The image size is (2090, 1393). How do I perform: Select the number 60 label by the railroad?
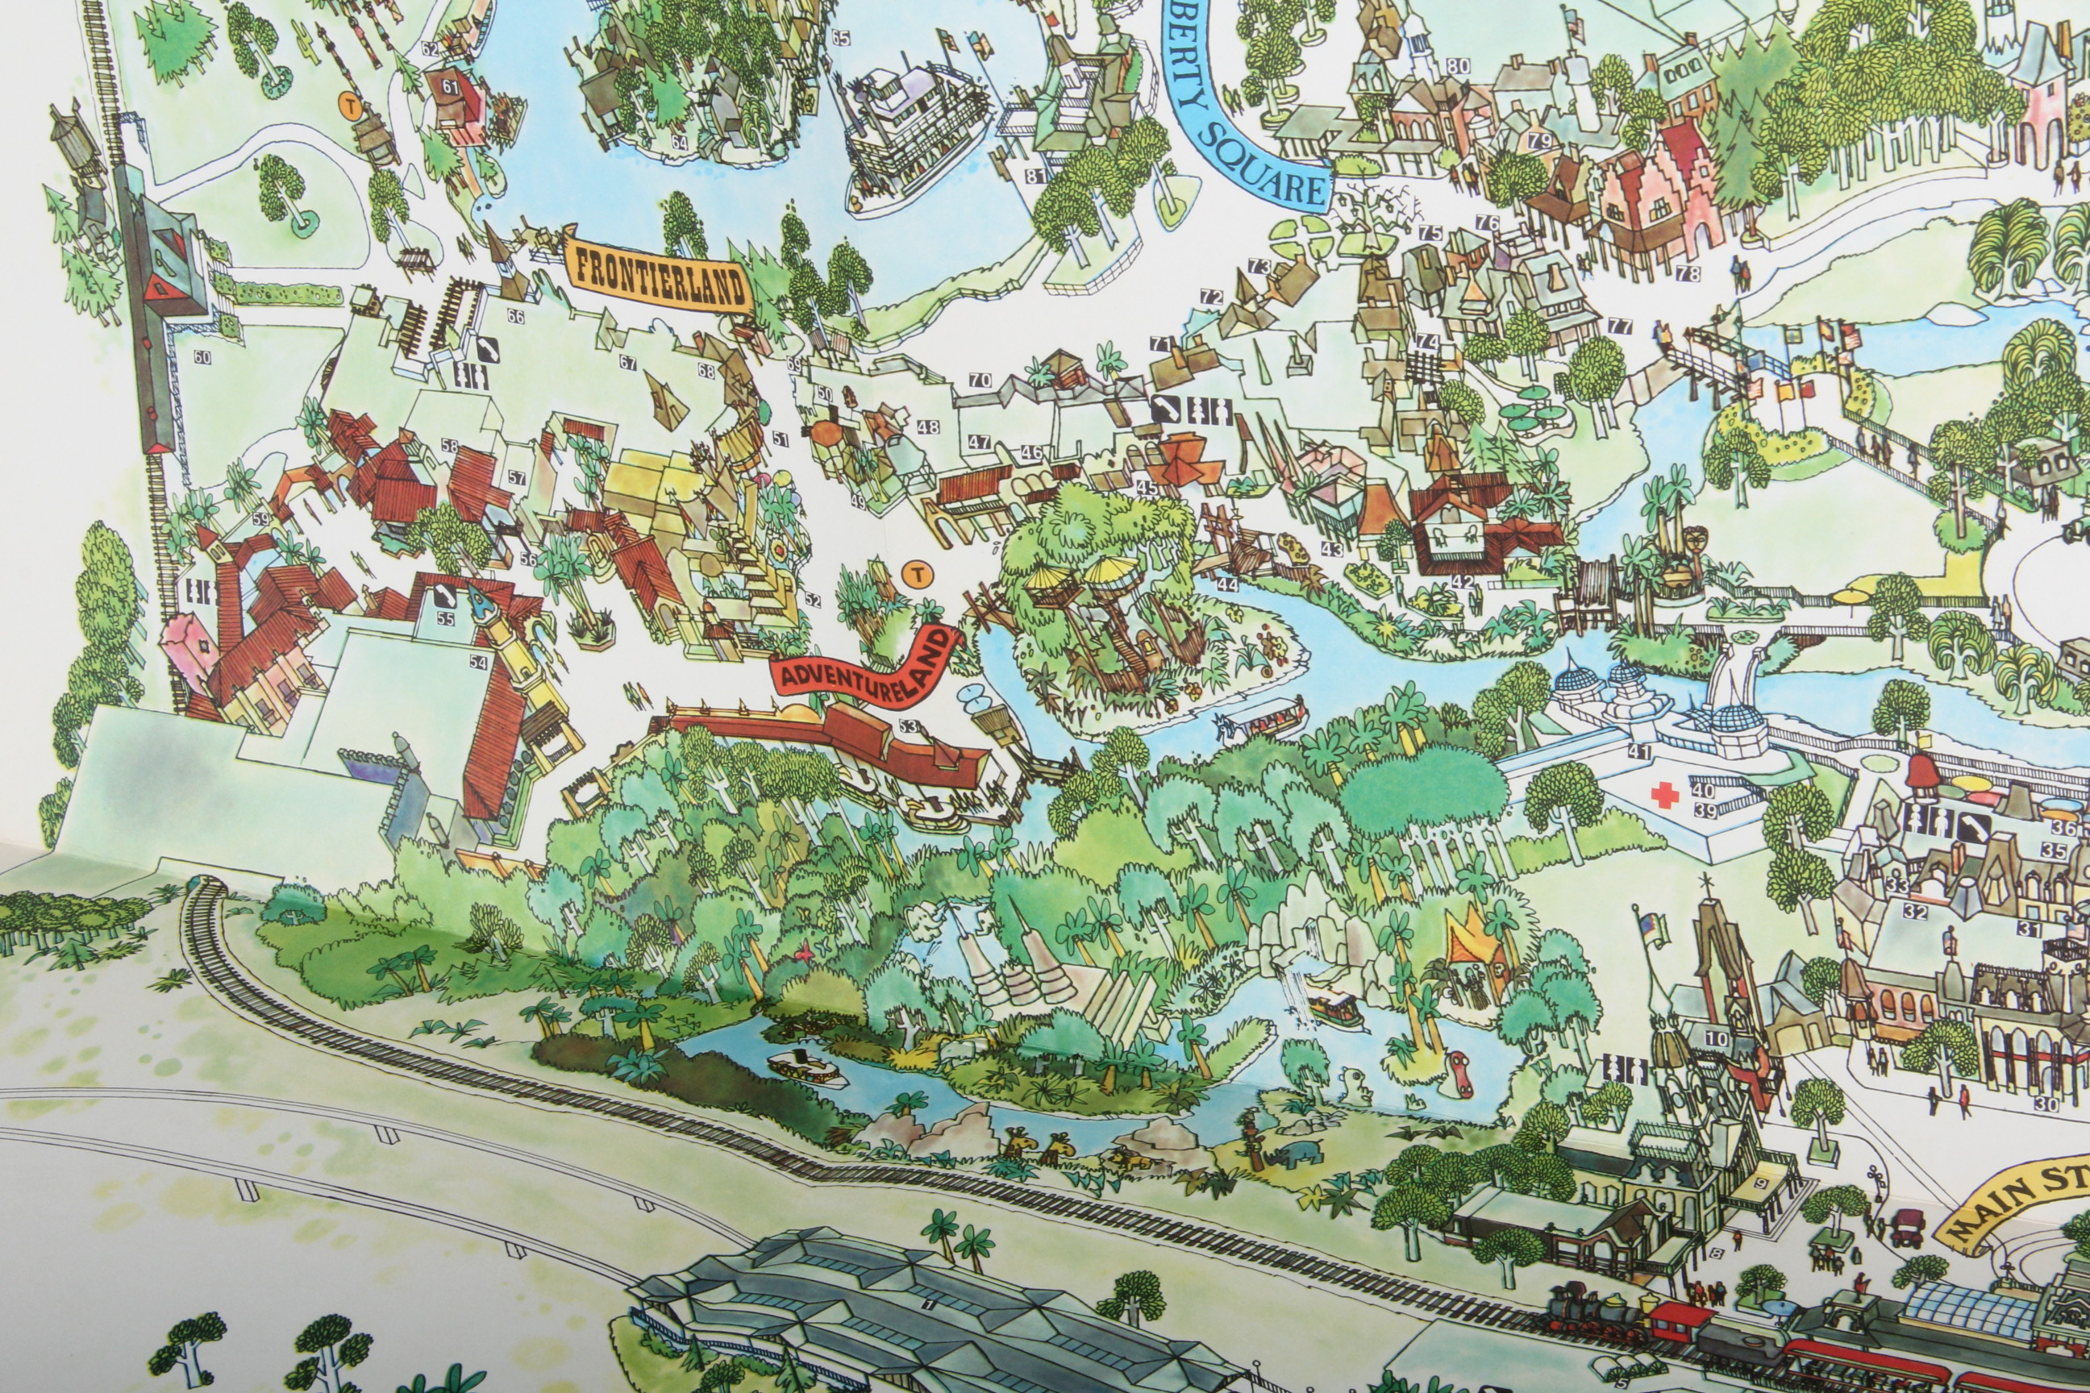(x=202, y=357)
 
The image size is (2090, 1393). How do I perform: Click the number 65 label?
(x=839, y=37)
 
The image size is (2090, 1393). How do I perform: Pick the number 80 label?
(x=1458, y=66)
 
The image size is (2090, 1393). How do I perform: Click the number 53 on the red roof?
(x=907, y=726)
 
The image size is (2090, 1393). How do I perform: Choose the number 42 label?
(x=1462, y=583)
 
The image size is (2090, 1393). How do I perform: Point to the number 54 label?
(x=478, y=662)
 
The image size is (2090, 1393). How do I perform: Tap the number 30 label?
(x=2046, y=1104)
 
